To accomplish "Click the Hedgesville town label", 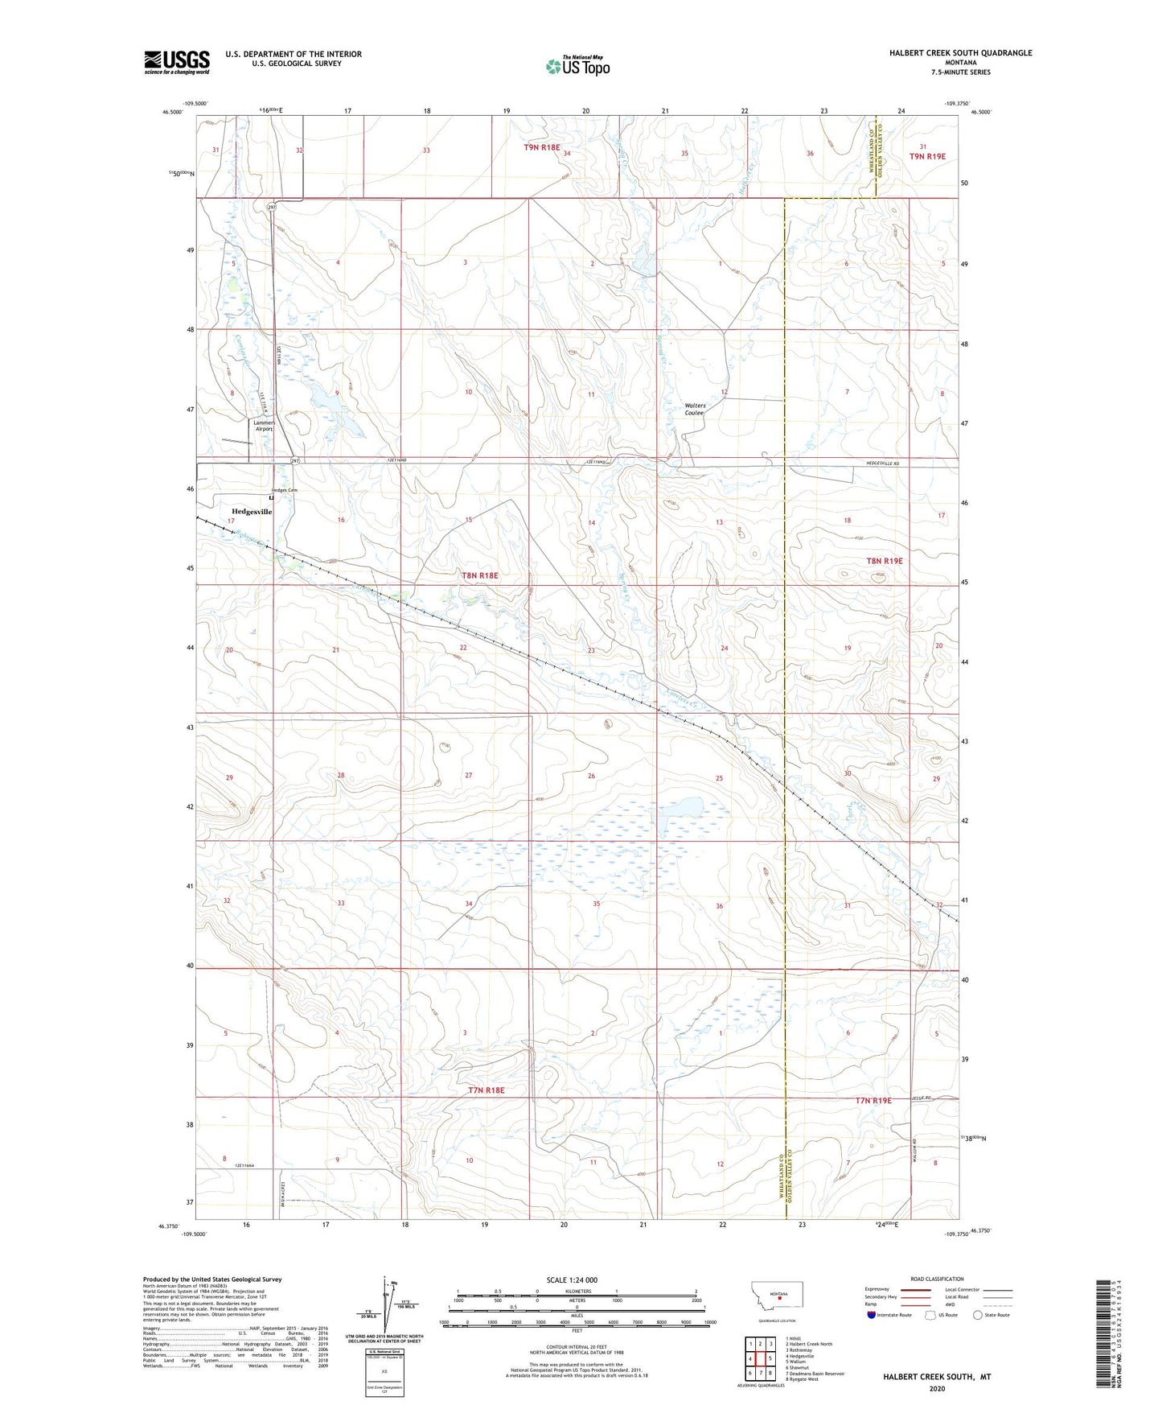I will (252, 512).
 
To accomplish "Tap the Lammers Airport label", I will (264, 426).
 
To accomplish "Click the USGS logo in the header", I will (177, 62).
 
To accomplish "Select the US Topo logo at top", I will (577, 66).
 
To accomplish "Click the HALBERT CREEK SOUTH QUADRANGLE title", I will (960, 53).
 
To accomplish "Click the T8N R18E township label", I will (480, 575).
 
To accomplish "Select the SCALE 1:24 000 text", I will (572, 1279).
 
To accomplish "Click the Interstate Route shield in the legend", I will (873, 1315).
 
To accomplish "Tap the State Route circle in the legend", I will (977, 1315).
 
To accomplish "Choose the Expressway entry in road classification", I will (877, 1289).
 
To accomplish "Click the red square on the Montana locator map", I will (779, 1296).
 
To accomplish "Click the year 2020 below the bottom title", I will (936, 1388).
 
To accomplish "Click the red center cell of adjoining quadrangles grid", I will (760, 1359).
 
